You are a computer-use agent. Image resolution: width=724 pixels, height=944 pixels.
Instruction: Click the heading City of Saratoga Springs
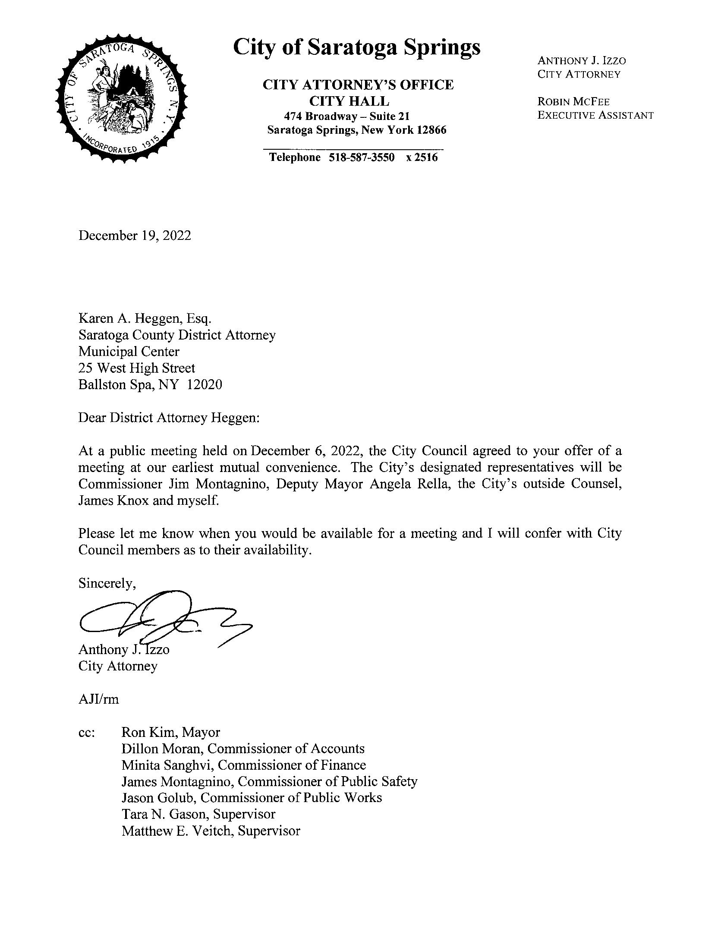[356, 47]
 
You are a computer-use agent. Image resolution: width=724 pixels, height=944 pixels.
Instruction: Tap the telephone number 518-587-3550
[362, 157]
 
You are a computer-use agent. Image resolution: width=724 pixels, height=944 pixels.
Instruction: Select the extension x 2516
[422, 157]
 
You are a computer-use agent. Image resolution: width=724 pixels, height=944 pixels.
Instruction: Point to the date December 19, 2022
[135, 236]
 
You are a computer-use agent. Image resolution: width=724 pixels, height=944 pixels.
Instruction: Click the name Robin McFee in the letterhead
[573, 102]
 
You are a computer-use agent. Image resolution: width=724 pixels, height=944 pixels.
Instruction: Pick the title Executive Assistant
[595, 116]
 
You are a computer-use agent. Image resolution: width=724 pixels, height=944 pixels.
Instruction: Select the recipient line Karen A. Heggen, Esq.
[145, 318]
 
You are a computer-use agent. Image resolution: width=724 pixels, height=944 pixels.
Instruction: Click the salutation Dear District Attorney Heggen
[169, 418]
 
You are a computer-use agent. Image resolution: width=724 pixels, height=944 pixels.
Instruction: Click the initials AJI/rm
[98, 699]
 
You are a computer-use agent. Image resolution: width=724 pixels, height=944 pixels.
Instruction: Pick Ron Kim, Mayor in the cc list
[171, 732]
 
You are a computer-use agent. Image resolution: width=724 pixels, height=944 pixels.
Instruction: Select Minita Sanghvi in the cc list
[168, 765]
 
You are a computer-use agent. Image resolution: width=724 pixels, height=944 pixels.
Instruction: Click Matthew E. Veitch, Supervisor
[211, 831]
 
